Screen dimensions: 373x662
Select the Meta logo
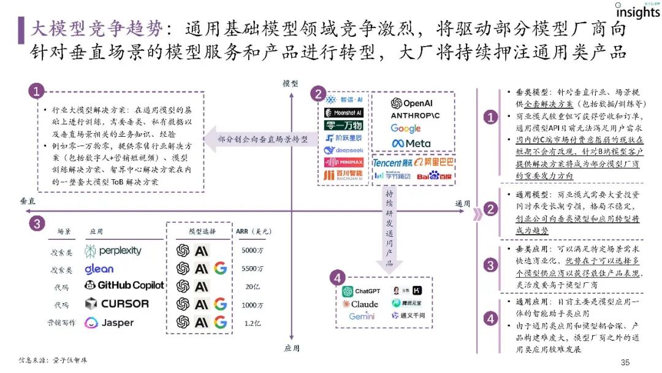411,143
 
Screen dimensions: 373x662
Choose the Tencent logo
392,163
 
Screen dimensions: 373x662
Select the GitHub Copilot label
124,285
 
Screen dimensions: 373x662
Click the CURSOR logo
117,303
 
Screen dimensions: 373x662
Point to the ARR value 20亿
250,286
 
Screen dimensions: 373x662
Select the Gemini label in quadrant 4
362,317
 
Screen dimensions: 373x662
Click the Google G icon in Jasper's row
221,322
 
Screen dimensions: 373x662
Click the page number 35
625,362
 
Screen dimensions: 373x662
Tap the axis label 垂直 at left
28,201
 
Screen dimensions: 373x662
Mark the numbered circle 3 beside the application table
37,224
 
